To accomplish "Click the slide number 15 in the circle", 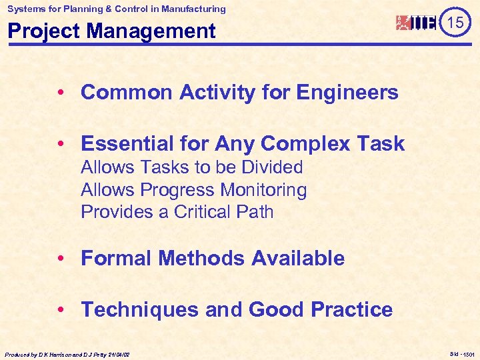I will [x=455, y=23].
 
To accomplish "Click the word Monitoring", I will [x=263, y=190].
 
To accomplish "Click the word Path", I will [x=256, y=212].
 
